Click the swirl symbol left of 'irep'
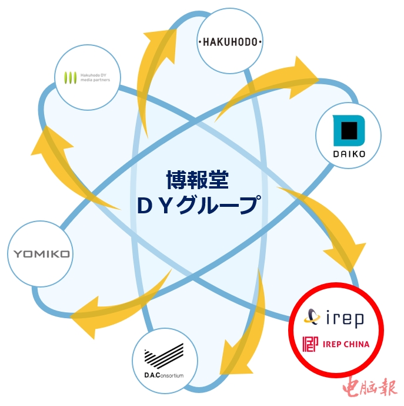[312, 318]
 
